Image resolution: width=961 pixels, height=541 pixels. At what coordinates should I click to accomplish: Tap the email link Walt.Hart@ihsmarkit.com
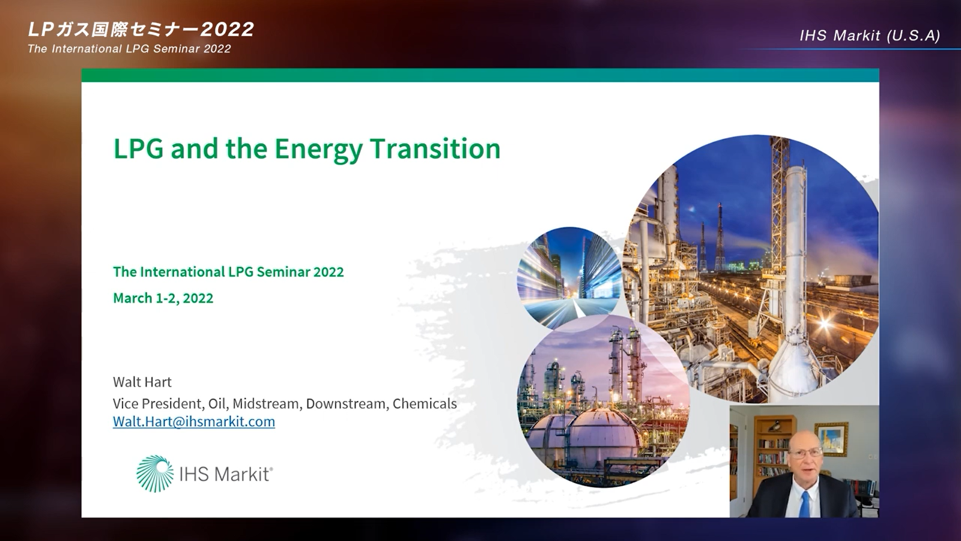click(x=194, y=421)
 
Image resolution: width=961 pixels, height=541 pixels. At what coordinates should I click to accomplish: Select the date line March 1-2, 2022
click(x=163, y=298)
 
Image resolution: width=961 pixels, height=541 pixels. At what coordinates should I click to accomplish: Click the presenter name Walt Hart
click(x=142, y=382)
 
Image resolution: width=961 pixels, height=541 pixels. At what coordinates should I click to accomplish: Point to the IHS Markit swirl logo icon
click(x=155, y=474)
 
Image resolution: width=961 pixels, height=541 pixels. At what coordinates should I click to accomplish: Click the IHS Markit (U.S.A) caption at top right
click(x=870, y=35)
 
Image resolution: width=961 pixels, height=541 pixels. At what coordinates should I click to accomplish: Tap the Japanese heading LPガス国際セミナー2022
click(x=141, y=29)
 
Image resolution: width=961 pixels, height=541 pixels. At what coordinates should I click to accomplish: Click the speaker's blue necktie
click(x=804, y=504)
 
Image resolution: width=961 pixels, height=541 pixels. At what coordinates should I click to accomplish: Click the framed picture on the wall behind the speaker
click(x=831, y=439)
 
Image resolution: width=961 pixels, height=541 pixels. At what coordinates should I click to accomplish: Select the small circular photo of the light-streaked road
click(x=569, y=278)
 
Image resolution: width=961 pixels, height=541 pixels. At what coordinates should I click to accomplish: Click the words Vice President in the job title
click(x=157, y=403)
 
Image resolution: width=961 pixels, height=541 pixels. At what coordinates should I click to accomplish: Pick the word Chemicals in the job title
click(x=425, y=403)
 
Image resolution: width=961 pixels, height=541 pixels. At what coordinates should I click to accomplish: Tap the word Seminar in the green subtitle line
click(x=283, y=272)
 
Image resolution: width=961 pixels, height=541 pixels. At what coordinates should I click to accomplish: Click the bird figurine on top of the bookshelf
click(x=774, y=426)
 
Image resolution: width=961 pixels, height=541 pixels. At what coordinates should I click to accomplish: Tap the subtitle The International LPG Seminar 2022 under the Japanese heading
click(x=129, y=49)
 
